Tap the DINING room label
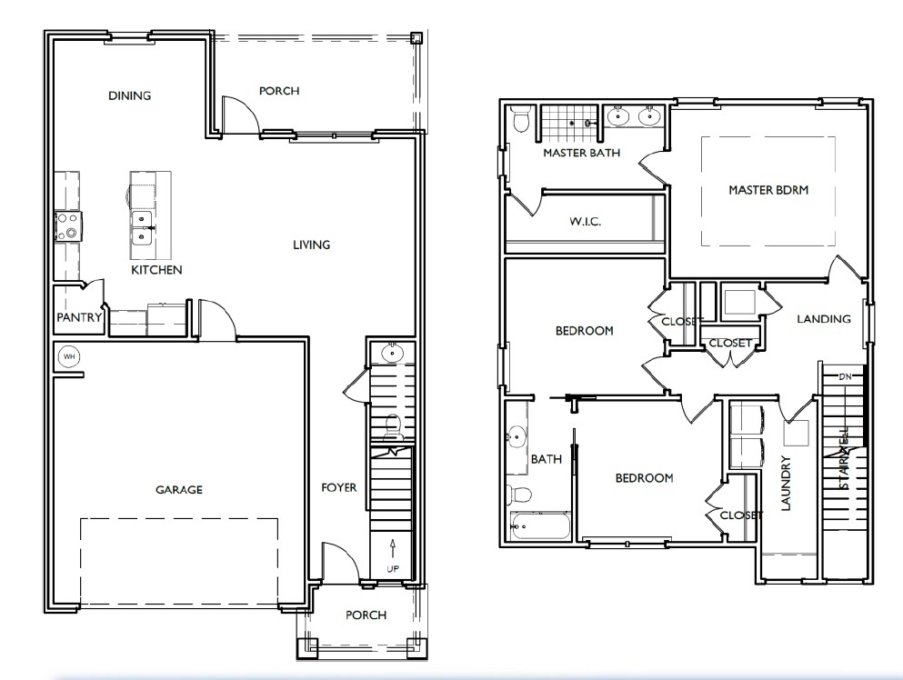click(129, 95)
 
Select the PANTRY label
click(79, 317)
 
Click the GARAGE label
click(178, 489)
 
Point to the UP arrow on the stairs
click(392, 548)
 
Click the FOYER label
click(339, 487)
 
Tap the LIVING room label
click(311, 245)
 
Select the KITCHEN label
click(156, 270)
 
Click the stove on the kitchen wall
click(68, 225)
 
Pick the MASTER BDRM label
click(768, 190)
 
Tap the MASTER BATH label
click(582, 153)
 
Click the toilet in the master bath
click(520, 121)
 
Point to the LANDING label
click(823, 318)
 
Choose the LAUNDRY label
click(787, 483)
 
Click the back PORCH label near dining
click(279, 91)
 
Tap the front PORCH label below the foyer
click(366, 615)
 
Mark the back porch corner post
click(416, 38)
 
